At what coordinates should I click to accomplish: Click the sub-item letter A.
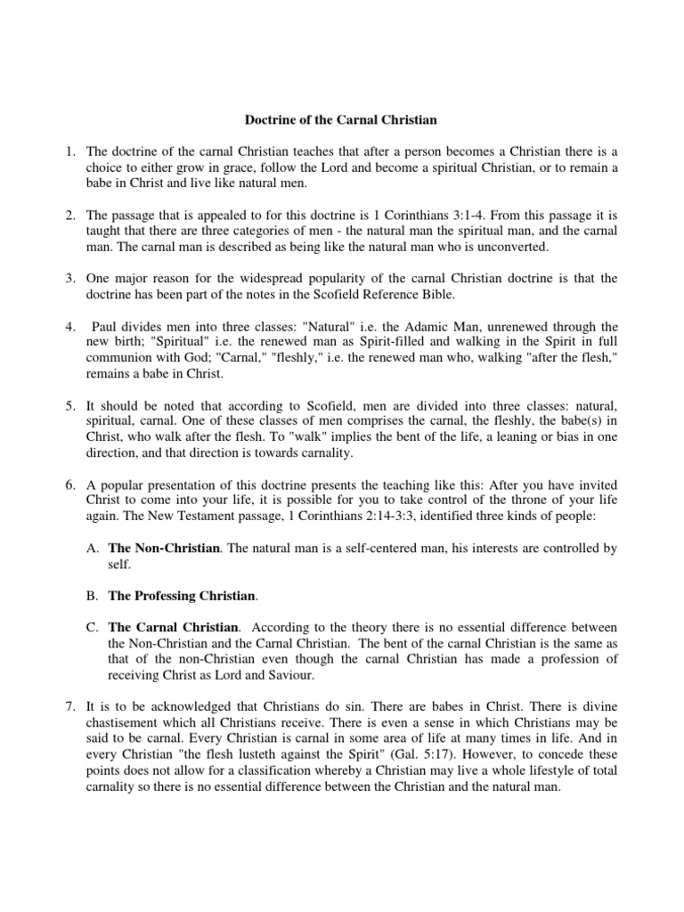pos(92,548)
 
